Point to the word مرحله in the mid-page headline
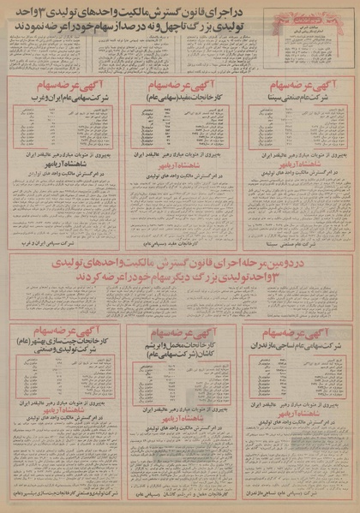[x=249, y=260]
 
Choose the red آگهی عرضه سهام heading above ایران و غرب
[x=61, y=87]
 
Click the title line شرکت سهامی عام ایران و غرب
[x=61, y=100]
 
